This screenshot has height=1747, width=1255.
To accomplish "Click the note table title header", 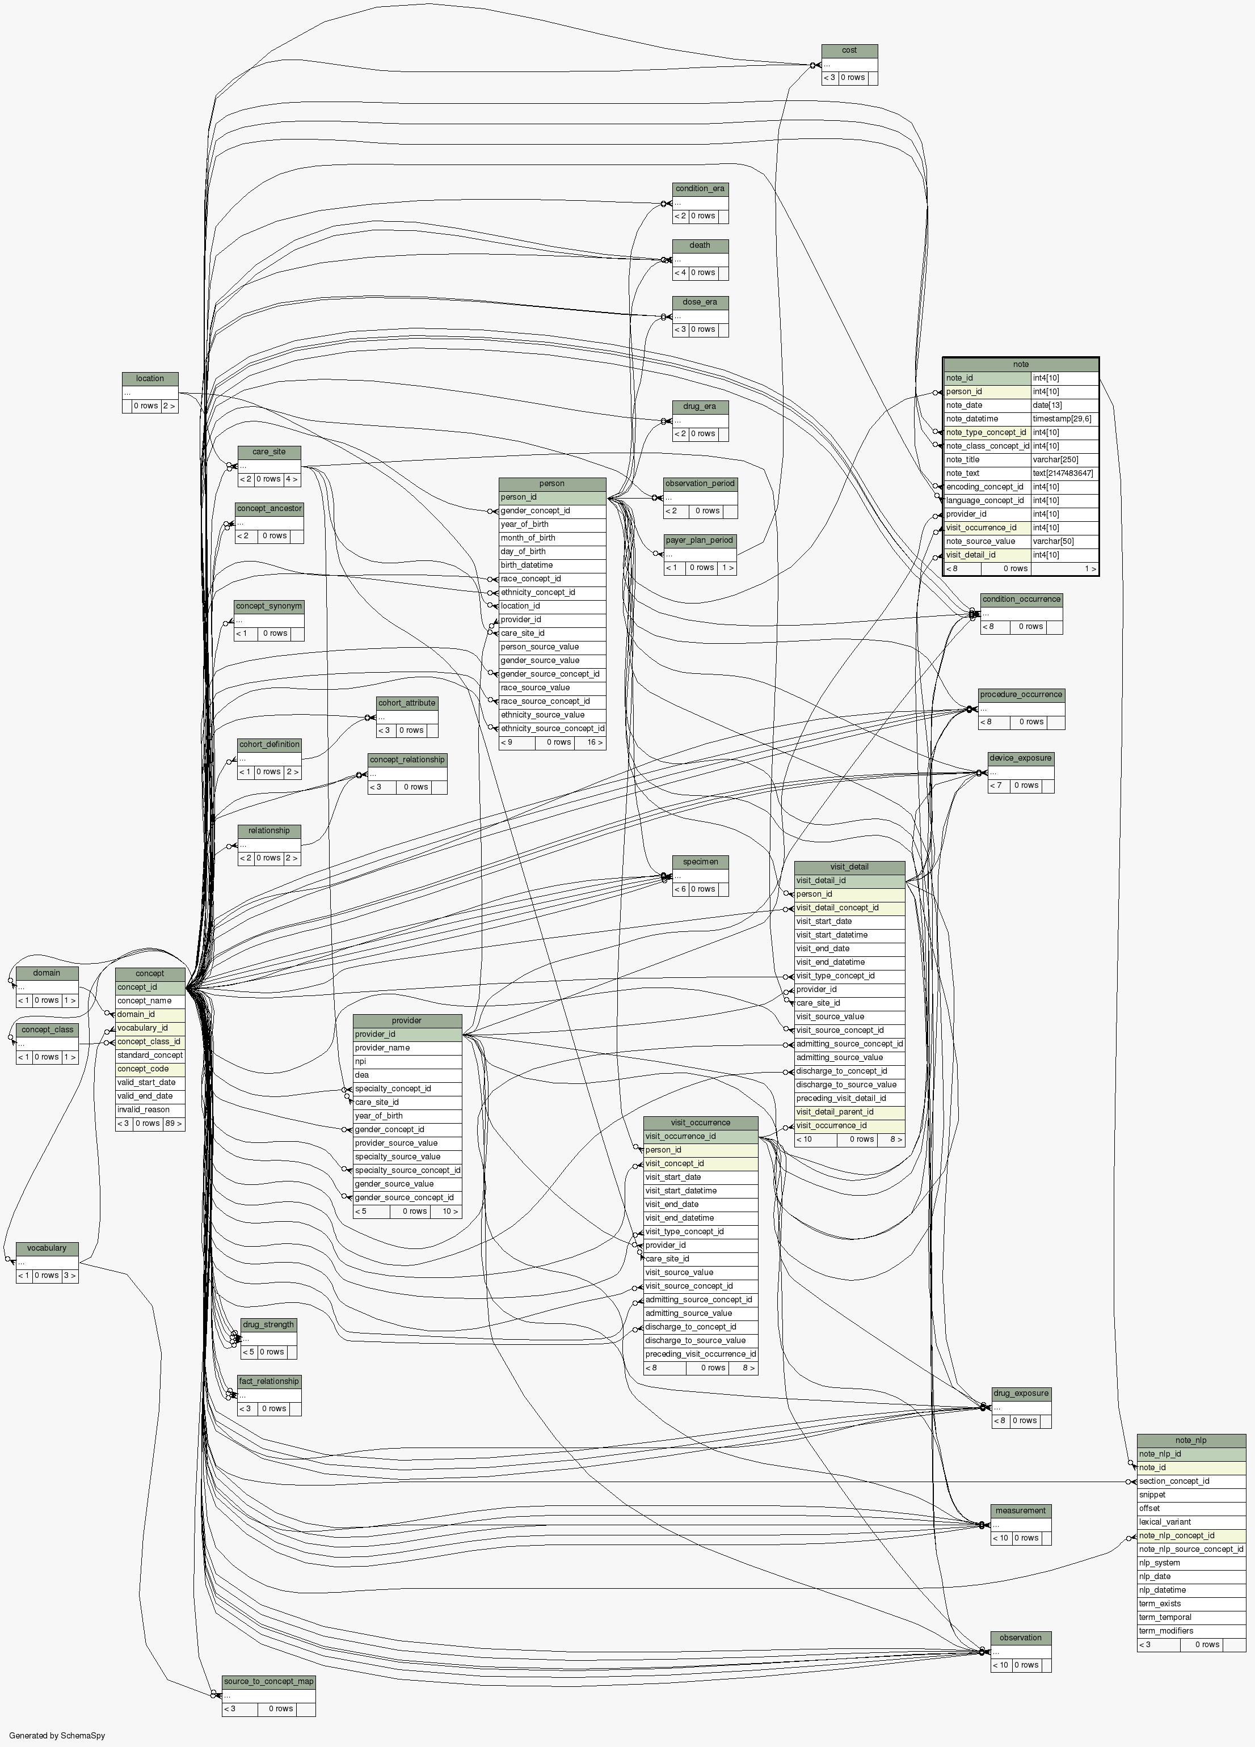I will pos(1020,364).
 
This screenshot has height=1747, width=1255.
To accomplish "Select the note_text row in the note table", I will pos(987,473).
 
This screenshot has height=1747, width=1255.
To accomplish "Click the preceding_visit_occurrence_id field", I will pos(700,1354).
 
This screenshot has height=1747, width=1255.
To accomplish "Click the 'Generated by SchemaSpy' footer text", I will pos(57,1736).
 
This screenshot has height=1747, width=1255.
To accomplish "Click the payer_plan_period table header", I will pos(700,541).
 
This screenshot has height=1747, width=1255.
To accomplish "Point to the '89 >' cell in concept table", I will pos(174,1124).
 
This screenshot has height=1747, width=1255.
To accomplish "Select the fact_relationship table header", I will pos(268,1381).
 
